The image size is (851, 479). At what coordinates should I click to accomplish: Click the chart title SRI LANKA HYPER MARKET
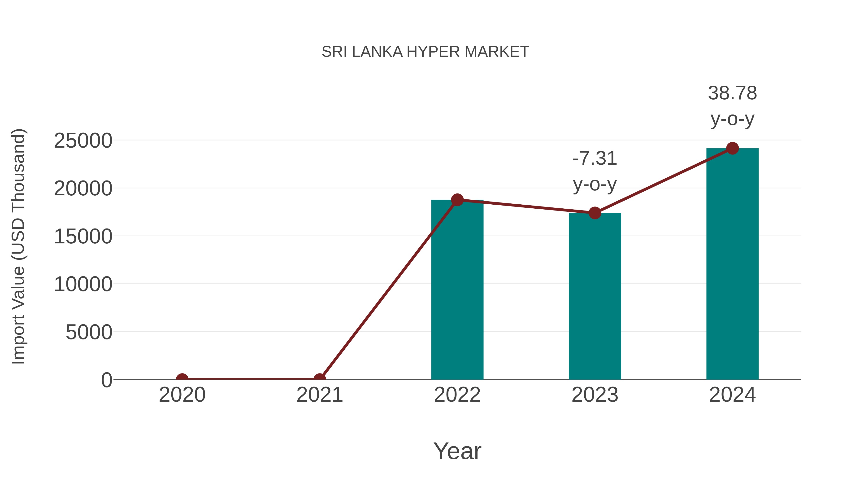coord(425,52)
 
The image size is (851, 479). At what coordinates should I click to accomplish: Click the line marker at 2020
coord(182,379)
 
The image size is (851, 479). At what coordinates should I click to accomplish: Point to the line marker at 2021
coord(319,379)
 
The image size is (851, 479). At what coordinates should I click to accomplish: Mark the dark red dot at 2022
coord(457,200)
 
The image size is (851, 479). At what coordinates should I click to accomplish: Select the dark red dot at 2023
coord(595,213)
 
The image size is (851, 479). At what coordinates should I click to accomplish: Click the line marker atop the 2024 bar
coord(732,148)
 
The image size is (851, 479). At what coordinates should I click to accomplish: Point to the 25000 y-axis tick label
coord(83,141)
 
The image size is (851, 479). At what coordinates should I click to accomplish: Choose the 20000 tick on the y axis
coord(83,189)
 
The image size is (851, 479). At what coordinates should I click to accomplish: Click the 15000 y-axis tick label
coord(83,237)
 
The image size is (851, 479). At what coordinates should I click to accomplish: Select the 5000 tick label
coord(89,332)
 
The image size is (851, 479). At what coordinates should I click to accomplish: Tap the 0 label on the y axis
coord(107,380)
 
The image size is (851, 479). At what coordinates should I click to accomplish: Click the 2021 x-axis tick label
coord(319,395)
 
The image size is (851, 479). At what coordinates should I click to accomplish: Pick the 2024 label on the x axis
coord(732,395)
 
